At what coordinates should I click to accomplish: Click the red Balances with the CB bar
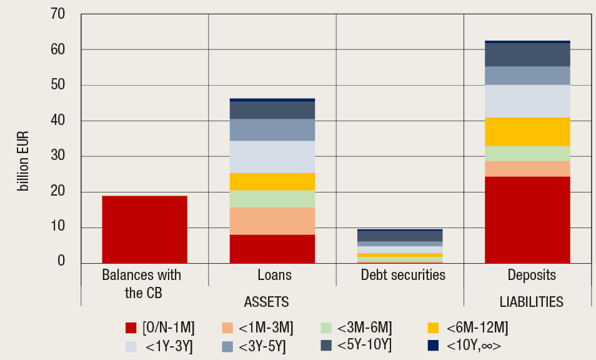click(144, 229)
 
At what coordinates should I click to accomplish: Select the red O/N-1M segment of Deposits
click(527, 220)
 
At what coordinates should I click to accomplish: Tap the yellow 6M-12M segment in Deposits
click(527, 131)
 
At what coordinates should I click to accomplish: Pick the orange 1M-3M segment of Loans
click(272, 221)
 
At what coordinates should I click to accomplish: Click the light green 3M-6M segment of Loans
click(272, 199)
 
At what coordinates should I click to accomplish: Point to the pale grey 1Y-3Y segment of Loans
click(272, 157)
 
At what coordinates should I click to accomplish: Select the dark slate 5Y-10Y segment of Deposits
click(527, 55)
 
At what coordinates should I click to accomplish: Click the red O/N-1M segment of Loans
click(272, 249)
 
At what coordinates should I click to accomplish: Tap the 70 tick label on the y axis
click(57, 14)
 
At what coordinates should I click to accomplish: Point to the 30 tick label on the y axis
click(57, 156)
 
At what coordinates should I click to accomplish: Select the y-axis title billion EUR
click(24, 161)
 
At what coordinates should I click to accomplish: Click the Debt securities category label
click(403, 275)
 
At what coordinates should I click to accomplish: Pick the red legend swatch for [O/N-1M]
click(131, 327)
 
